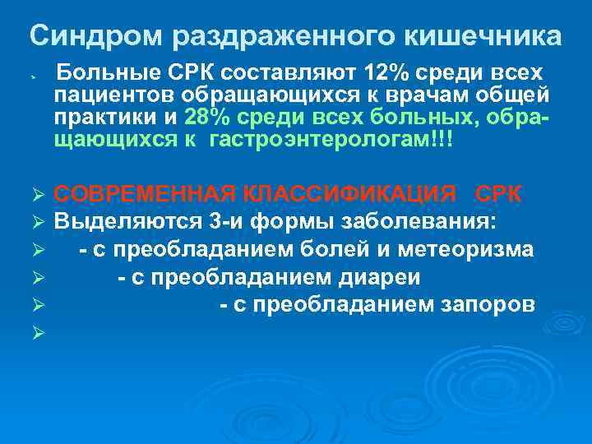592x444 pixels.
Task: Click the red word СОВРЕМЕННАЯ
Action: tap(149, 194)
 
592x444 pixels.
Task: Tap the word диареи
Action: tap(385, 277)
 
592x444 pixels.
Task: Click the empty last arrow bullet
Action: tap(35, 334)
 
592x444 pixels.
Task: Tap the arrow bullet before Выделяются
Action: tap(35, 223)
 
